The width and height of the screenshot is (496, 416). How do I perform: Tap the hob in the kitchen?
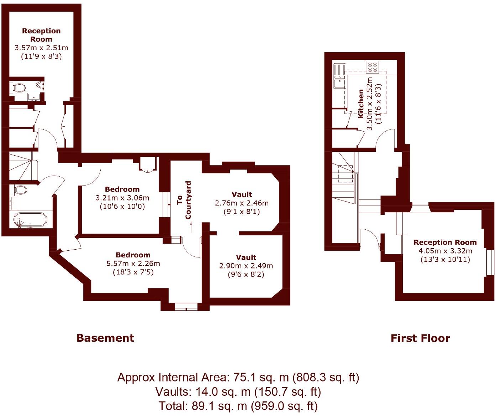tap(373, 66)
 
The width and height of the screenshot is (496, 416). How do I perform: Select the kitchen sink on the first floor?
tap(339, 76)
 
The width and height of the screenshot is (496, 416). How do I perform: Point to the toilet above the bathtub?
tap(21, 190)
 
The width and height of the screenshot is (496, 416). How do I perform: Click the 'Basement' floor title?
tap(105, 338)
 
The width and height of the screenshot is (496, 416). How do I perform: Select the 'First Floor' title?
tap(420, 338)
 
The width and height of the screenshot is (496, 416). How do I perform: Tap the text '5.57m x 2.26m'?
tap(133, 263)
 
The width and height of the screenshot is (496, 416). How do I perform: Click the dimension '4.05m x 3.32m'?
tap(445, 251)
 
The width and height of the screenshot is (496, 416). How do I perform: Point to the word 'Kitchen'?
tap(361, 103)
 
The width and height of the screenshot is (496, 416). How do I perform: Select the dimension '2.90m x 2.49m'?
tap(246, 266)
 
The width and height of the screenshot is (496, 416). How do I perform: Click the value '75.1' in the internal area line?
tap(243, 377)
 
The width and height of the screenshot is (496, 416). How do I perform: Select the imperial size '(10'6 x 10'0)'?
tap(122, 207)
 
